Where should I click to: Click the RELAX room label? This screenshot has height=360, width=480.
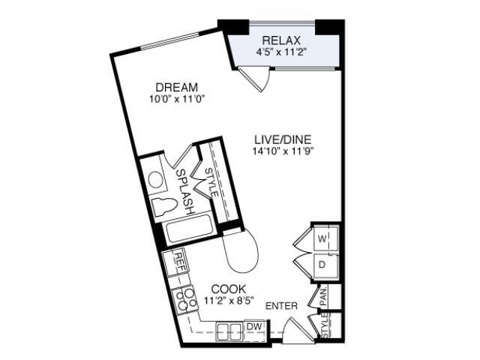281,40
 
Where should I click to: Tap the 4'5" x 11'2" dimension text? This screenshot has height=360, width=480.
281,52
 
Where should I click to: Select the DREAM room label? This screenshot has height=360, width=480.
177,87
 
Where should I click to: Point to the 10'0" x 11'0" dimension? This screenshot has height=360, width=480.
177,99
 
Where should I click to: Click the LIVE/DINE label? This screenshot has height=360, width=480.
283,139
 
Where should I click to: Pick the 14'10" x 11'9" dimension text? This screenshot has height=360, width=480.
283,151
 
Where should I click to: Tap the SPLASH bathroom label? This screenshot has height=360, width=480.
185,191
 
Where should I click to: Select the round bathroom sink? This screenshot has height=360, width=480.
155,179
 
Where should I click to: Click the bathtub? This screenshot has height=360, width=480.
189,229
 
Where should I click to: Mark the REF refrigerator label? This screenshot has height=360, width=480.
179,262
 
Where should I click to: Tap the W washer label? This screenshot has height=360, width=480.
322,238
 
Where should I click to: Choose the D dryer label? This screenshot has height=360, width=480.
322,265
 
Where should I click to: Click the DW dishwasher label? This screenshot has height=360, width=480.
254,327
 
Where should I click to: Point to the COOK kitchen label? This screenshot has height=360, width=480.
229,289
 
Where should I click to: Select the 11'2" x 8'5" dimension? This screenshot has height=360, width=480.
229,300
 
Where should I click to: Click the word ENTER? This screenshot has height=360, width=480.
281,306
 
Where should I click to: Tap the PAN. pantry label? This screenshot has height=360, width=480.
323,297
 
